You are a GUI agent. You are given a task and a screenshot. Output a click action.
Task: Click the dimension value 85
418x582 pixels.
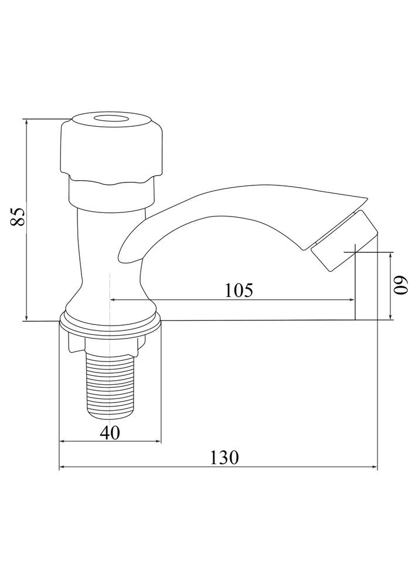pos(18,216)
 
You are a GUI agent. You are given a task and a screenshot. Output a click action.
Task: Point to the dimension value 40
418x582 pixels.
pos(110,433)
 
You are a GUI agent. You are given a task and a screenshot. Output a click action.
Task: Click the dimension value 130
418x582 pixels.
pos(225,458)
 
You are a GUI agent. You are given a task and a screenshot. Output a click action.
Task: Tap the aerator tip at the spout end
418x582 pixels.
pos(345,240)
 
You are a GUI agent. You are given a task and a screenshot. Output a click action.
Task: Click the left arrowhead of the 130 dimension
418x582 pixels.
pos(62,468)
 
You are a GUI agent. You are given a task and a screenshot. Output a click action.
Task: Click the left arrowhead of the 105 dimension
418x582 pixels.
pos(114,300)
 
